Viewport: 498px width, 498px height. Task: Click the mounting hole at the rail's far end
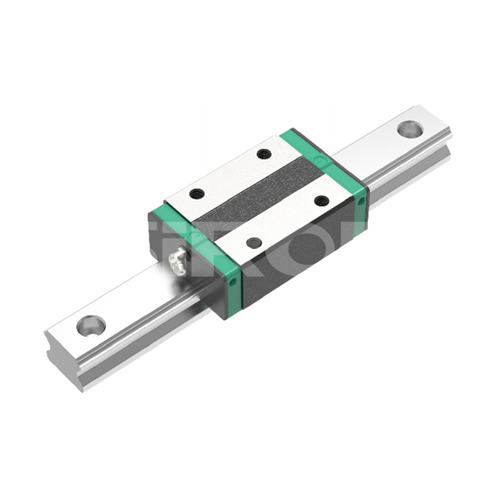(410, 129)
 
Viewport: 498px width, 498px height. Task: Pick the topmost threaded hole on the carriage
(264, 153)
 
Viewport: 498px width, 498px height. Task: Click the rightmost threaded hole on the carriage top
(321, 200)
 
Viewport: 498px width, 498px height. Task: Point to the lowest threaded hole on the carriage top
(254, 243)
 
